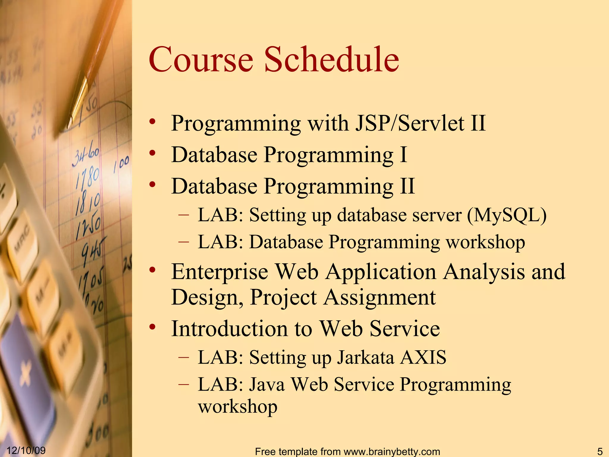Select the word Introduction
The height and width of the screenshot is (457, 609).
pyautogui.click(x=229, y=329)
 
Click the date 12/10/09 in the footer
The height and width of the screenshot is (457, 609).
pyautogui.click(x=26, y=450)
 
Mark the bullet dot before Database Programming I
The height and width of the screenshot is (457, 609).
pyautogui.click(x=153, y=153)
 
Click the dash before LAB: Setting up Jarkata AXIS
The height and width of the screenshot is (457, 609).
pyautogui.click(x=183, y=357)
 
